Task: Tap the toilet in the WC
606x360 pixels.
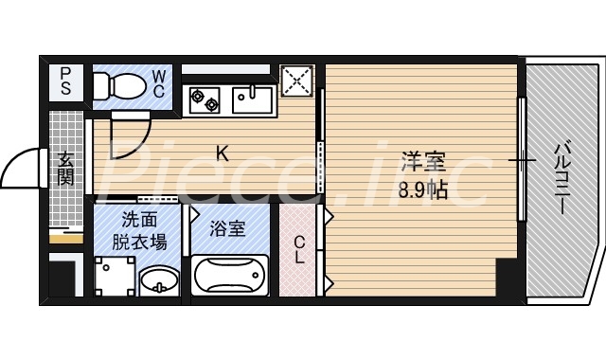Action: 118,85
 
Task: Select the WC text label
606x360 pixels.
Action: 158,83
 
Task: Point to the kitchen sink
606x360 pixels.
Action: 251,95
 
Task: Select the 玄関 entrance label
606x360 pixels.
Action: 65,168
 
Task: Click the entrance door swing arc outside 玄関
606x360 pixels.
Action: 19,171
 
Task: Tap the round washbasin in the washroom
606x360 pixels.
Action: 158,280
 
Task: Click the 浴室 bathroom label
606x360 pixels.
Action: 228,228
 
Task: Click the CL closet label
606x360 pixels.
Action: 299,250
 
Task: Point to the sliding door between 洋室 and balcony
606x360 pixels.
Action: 521,159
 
